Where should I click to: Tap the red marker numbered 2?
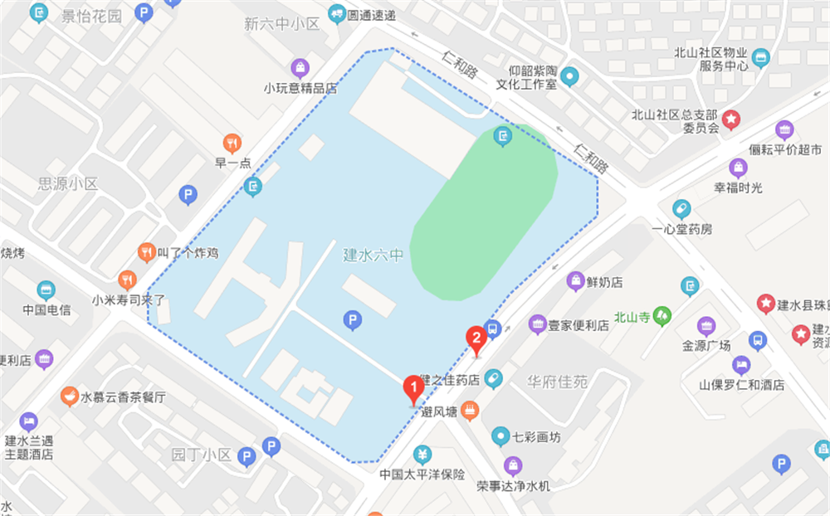[476, 338]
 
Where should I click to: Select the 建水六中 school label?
[373, 255]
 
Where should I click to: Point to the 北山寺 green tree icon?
[662, 315]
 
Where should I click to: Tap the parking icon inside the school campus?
[352, 319]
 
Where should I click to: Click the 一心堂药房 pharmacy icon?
[681, 208]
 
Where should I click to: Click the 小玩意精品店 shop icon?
[300, 67]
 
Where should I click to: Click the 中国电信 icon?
[46, 290]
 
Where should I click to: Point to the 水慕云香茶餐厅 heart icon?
[69, 397]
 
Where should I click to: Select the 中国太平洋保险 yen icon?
[422, 455]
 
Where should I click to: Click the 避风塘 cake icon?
[471, 409]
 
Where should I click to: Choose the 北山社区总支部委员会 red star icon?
[731, 119]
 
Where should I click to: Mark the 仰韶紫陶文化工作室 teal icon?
[569, 77]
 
